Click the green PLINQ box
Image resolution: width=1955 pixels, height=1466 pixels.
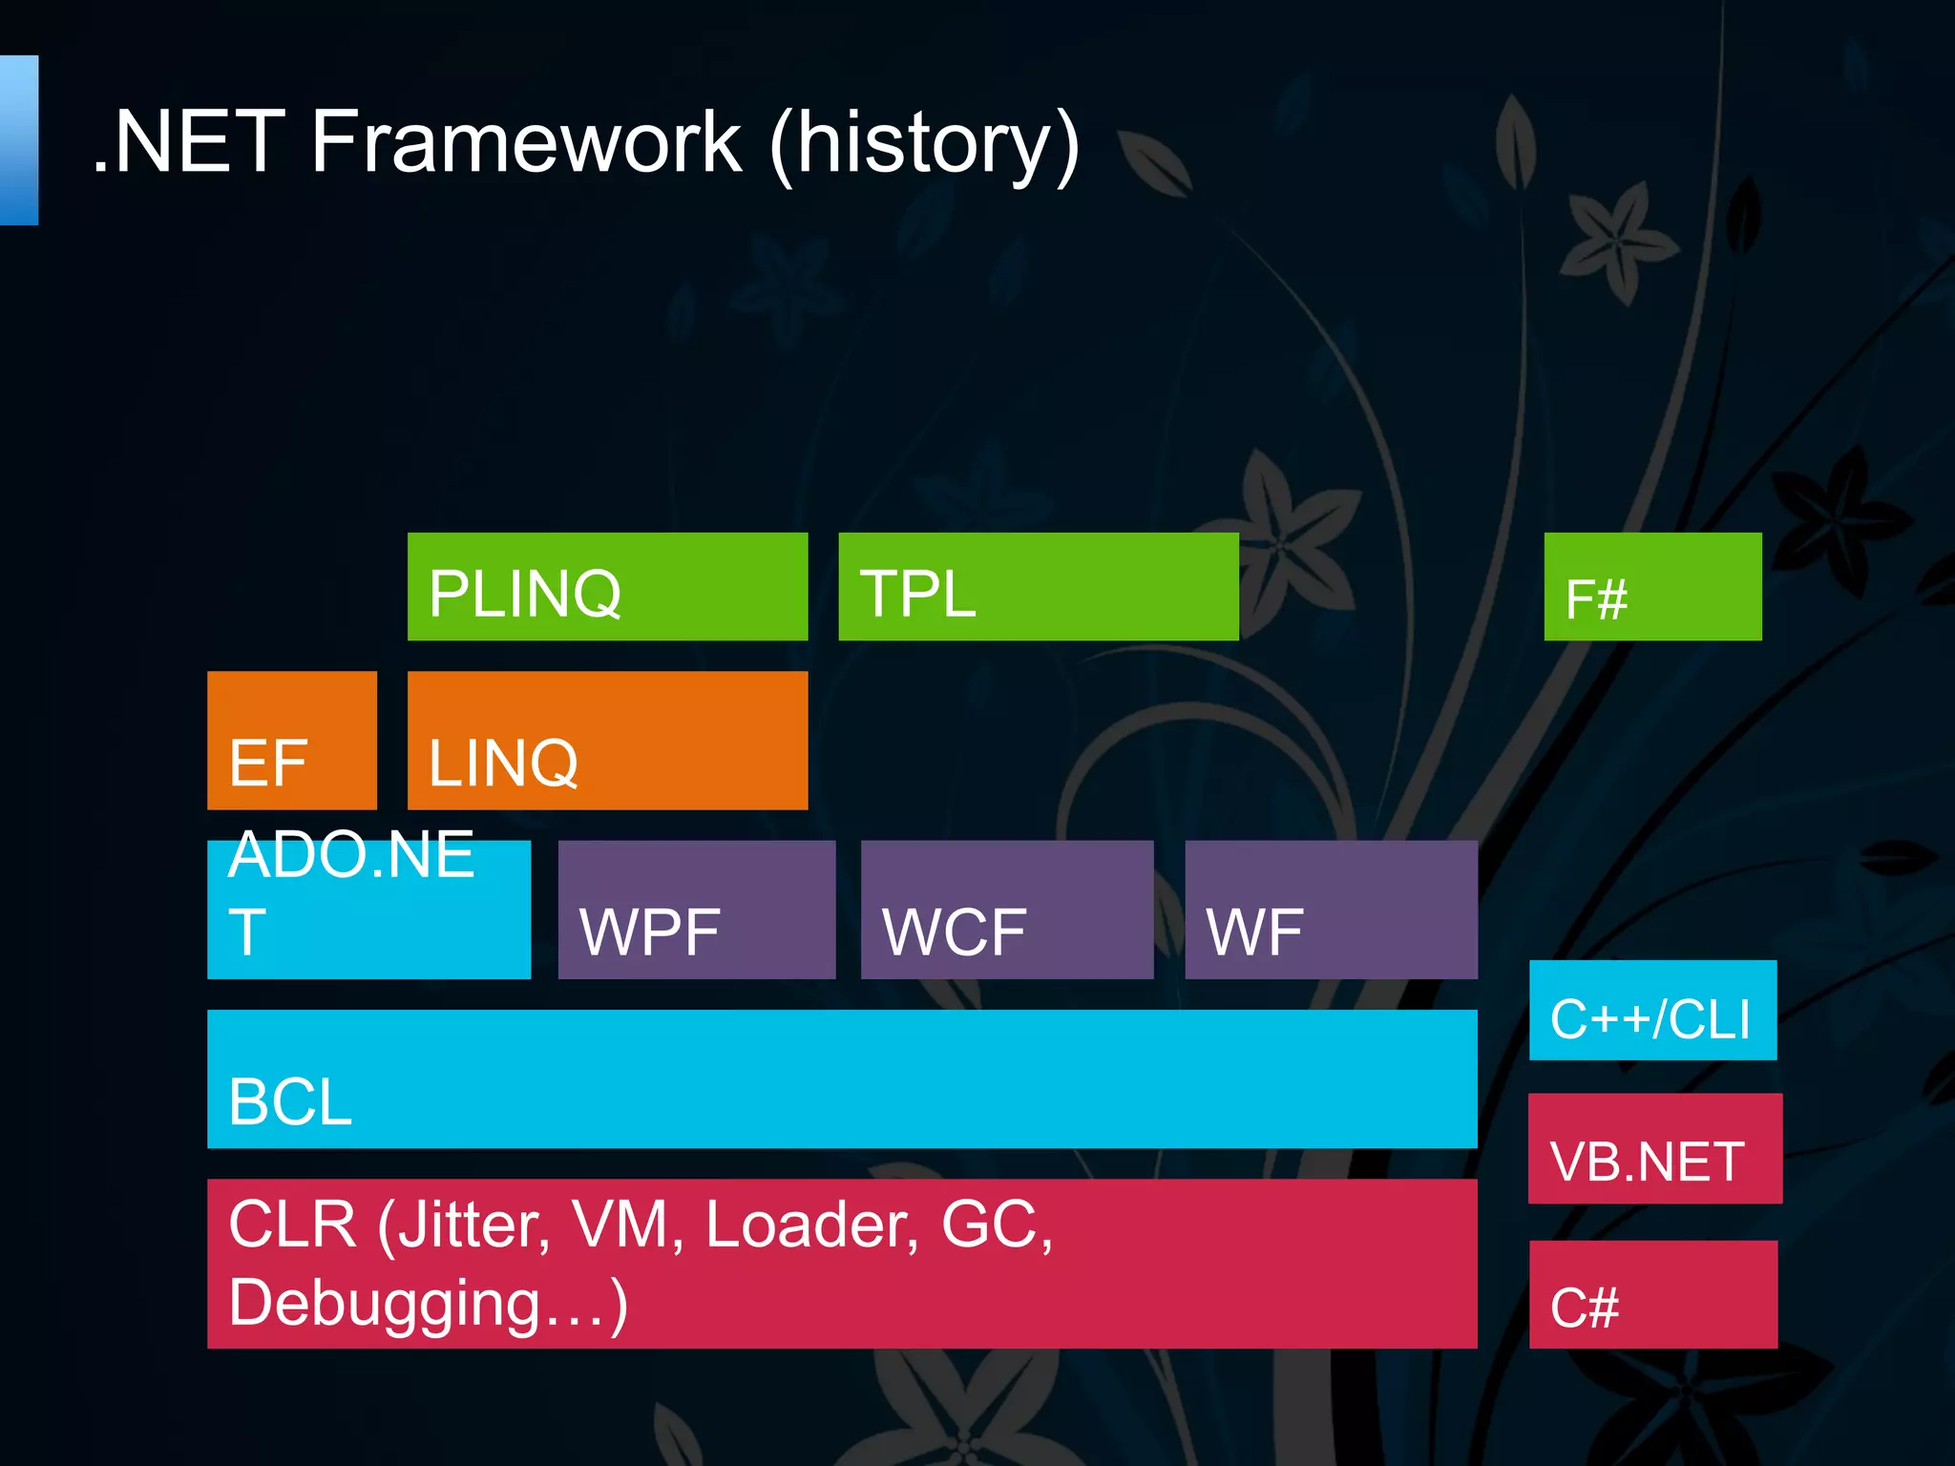[607, 586]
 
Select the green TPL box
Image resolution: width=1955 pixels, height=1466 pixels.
[1038, 586]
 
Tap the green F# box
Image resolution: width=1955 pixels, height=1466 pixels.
[1652, 586]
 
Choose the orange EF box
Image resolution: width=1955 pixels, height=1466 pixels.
[291, 740]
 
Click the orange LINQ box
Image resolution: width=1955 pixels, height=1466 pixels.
[607, 740]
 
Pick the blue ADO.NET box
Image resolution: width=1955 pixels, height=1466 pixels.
[368, 909]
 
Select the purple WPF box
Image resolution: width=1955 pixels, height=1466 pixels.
[696, 909]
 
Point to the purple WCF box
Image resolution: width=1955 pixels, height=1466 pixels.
[1006, 909]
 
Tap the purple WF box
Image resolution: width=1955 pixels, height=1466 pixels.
[1331, 909]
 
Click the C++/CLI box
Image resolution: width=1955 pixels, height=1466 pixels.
[1652, 1010]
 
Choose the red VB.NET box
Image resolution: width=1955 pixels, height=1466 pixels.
[1654, 1148]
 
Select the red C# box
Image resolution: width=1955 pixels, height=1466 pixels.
[1652, 1294]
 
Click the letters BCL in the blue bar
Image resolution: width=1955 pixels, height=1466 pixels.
[290, 1101]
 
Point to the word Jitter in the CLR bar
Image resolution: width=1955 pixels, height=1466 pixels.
[473, 1225]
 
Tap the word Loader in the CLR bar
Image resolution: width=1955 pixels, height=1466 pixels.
[811, 1225]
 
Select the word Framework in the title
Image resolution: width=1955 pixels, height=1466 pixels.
[526, 143]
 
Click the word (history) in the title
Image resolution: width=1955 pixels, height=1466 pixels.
[924, 145]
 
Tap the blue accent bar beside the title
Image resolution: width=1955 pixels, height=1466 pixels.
[19, 140]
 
